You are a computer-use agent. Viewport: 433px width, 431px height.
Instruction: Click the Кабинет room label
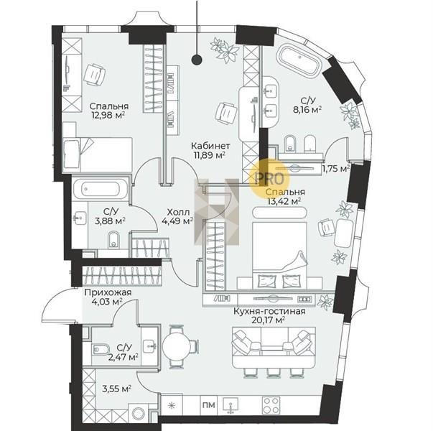[x=210, y=145]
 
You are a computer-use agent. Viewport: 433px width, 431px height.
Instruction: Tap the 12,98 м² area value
[x=108, y=115]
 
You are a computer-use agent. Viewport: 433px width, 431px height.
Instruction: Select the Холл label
[x=178, y=212]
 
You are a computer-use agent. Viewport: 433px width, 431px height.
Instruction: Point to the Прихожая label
[x=108, y=292]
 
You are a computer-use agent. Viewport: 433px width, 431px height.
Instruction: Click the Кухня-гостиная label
[x=269, y=311]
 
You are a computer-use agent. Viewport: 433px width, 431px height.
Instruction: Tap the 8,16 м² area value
[x=307, y=110]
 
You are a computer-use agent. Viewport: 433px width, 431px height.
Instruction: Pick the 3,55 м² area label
[x=116, y=389]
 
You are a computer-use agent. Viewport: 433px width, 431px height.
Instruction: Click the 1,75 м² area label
[x=336, y=168]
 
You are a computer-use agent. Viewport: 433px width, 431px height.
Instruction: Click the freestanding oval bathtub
[x=299, y=61]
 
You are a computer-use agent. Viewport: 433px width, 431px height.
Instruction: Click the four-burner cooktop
[x=271, y=405]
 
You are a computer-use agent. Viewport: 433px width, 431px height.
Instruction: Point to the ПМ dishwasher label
[x=209, y=405]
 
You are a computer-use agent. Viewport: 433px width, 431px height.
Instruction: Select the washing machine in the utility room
[x=138, y=413]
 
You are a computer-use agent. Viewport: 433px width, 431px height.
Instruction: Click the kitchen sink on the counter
[x=231, y=406]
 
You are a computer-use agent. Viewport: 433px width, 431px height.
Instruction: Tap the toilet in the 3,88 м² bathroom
[x=113, y=240]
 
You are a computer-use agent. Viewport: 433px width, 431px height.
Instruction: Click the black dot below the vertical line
[x=197, y=60]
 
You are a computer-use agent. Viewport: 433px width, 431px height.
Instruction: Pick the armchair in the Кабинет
[x=227, y=113]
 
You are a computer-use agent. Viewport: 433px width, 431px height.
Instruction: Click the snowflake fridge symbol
[x=172, y=405]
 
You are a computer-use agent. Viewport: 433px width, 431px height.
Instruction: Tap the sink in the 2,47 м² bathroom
[x=149, y=345]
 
